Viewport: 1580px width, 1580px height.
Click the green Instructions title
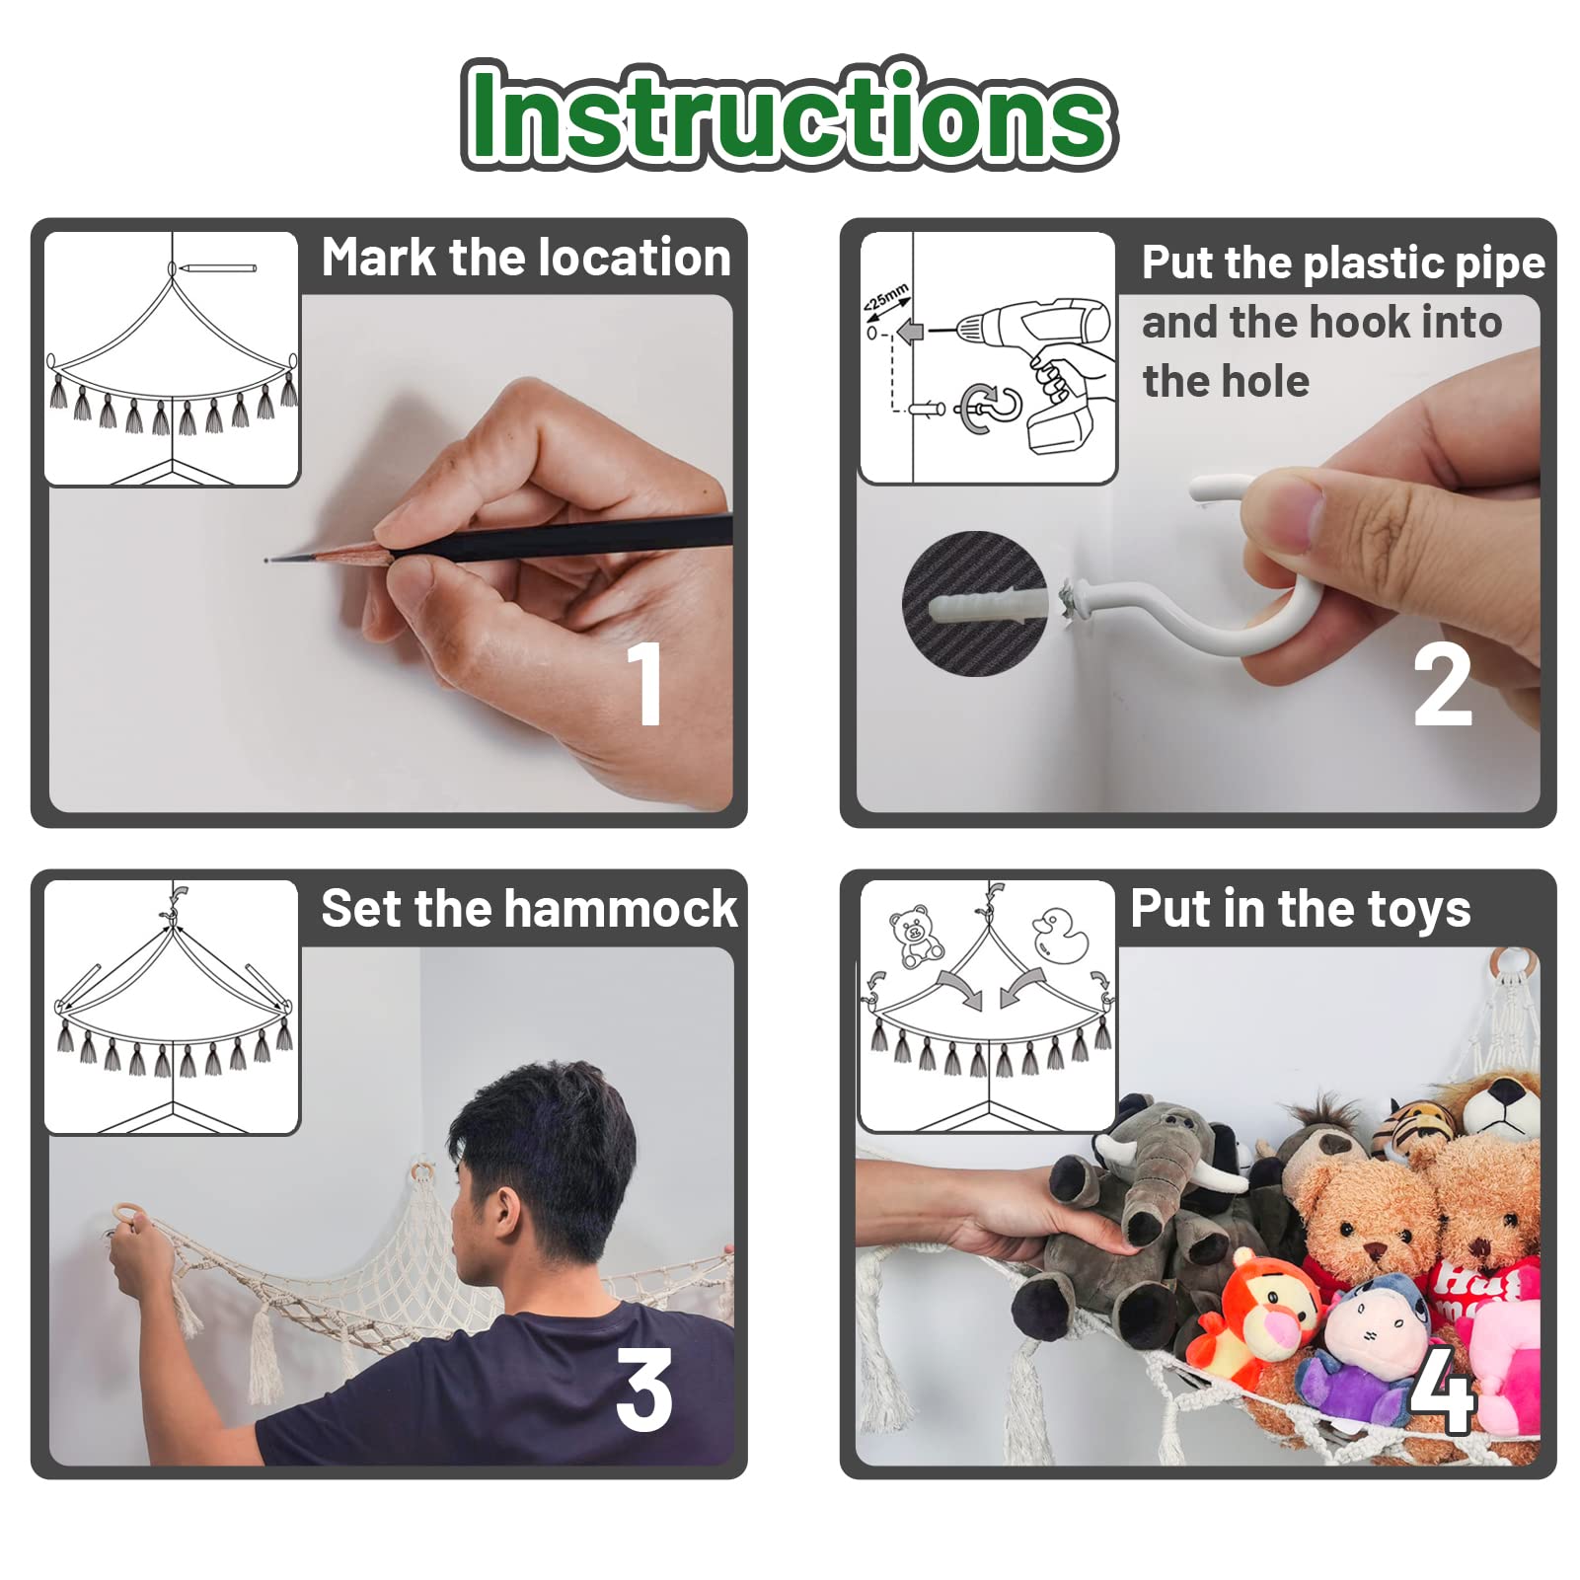tap(789, 113)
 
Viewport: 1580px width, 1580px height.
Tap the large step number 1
tap(645, 683)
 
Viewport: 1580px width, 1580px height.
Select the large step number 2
tap(1442, 683)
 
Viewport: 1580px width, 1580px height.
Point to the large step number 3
tap(644, 1390)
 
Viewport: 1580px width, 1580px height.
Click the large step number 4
tap(1442, 1390)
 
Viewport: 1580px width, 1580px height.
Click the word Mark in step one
tap(379, 258)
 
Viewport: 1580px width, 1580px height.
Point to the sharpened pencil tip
tap(267, 561)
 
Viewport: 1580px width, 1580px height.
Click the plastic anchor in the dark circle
tap(986, 604)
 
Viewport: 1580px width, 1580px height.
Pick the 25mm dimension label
tap(886, 298)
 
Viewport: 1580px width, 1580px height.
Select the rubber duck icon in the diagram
tap(1059, 934)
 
